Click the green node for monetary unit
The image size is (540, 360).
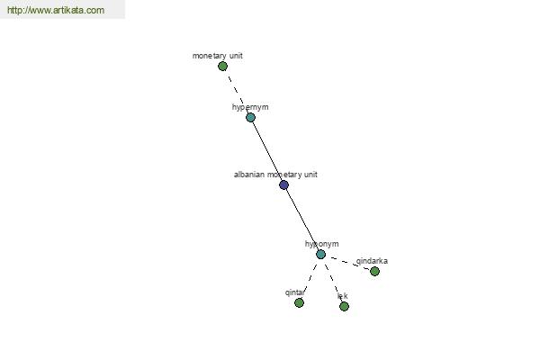[x=222, y=66]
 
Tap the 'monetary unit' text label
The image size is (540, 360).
[x=217, y=56]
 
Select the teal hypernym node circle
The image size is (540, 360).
[x=250, y=117]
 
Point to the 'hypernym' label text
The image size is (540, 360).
[x=250, y=107]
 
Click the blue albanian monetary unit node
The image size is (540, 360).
[x=283, y=184]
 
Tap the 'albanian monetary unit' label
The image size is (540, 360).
[x=275, y=175]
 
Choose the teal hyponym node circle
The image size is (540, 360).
[x=320, y=254]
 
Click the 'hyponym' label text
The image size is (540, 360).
[x=321, y=244]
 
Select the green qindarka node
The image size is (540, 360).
[x=374, y=271]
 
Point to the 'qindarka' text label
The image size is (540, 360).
[x=372, y=261]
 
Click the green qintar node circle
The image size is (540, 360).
[x=299, y=302]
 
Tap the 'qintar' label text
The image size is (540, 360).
[x=295, y=292]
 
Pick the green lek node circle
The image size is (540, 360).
[x=344, y=306]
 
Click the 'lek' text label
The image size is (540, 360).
[x=342, y=296]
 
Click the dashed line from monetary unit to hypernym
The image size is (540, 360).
[x=236, y=91]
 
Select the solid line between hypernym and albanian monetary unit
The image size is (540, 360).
[x=266, y=150]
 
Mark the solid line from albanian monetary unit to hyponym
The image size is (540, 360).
[x=301, y=219]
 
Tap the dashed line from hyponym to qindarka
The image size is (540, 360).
[x=347, y=263]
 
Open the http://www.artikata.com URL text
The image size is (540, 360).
[x=55, y=11]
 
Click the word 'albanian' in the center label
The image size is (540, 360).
[x=249, y=175]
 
